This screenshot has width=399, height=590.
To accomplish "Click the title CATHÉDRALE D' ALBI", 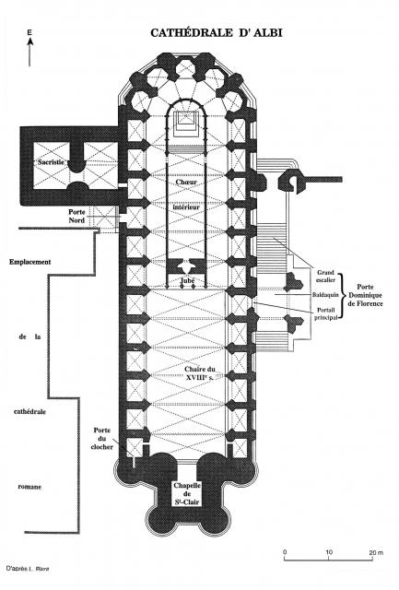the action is coord(217,33).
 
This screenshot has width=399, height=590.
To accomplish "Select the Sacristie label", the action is coord(52,162).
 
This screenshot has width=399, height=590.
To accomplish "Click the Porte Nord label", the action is coord(76,216).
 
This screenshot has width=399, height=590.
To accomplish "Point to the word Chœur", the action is coord(186,183).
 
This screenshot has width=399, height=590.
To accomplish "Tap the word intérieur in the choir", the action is coord(186,206).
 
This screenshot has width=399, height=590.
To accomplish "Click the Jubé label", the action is coord(187,280).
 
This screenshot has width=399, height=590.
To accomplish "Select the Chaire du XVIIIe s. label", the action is coord(199,373).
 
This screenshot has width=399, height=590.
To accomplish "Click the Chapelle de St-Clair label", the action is coord(187,494).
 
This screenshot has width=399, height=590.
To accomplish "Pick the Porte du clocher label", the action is coord(102,439).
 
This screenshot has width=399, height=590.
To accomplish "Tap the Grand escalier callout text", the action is coord(325,276).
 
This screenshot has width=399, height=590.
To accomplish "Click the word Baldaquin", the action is coord(325,295).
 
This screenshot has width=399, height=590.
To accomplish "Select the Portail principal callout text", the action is coord(325,313).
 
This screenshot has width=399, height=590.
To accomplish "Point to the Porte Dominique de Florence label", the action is coord(365,295).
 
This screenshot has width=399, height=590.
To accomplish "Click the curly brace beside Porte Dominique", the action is coord(342,296).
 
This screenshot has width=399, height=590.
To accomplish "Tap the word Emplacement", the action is coord(30,262).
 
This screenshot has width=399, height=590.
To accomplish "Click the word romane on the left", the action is coord(29,487).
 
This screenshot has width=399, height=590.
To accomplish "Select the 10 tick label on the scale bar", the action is coord(329,552).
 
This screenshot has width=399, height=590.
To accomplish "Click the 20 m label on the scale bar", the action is coord(376,552).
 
